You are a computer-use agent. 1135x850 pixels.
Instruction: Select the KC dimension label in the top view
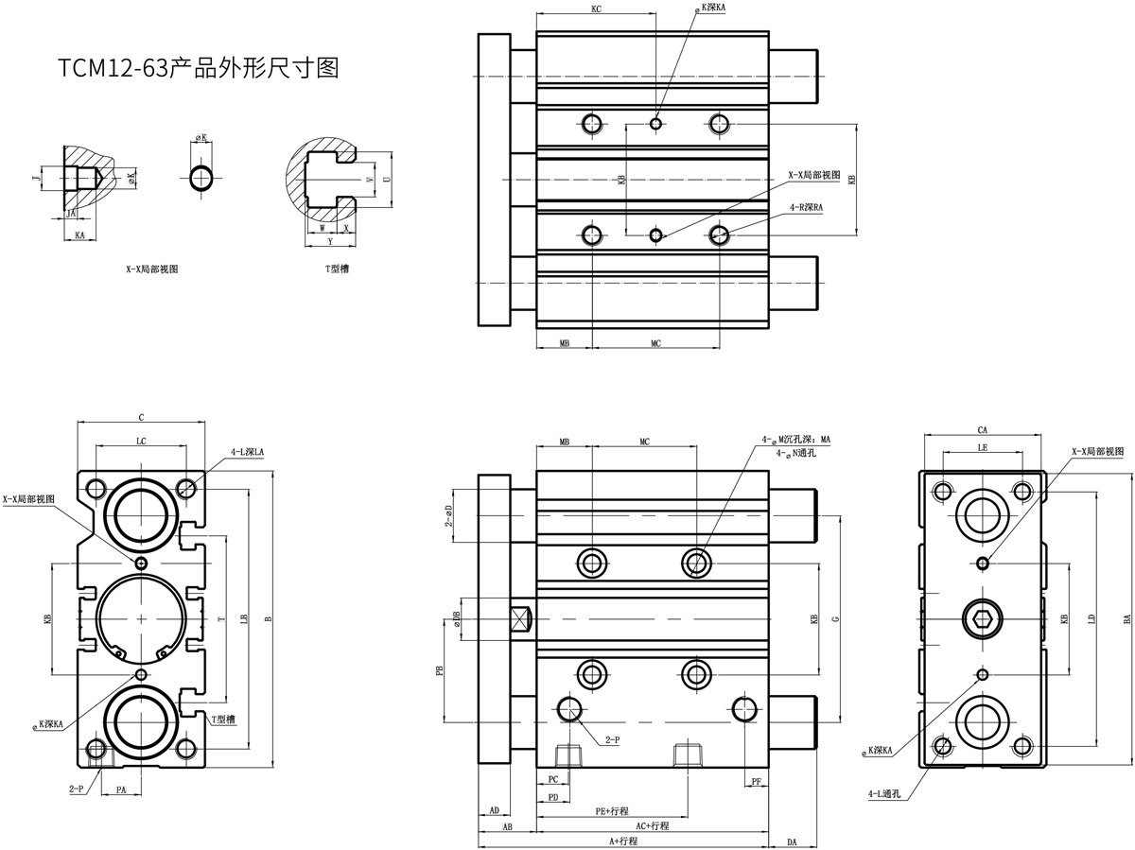(x=596, y=9)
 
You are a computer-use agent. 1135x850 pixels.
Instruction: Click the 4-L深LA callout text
(x=247, y=452)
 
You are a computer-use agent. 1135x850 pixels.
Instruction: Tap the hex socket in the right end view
(x=983, y=619)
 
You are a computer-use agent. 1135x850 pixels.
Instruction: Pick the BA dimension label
(x=1126, y=619)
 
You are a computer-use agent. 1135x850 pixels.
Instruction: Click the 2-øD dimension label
(x=449, y=515)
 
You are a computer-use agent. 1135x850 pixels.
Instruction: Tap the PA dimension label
(x=121, y=788)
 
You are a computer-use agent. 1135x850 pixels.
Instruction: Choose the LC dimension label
(x=141, y=441)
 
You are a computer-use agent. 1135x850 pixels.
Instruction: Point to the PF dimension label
(x=756, y=781)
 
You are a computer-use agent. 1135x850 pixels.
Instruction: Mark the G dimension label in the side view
(x=835, y=619)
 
